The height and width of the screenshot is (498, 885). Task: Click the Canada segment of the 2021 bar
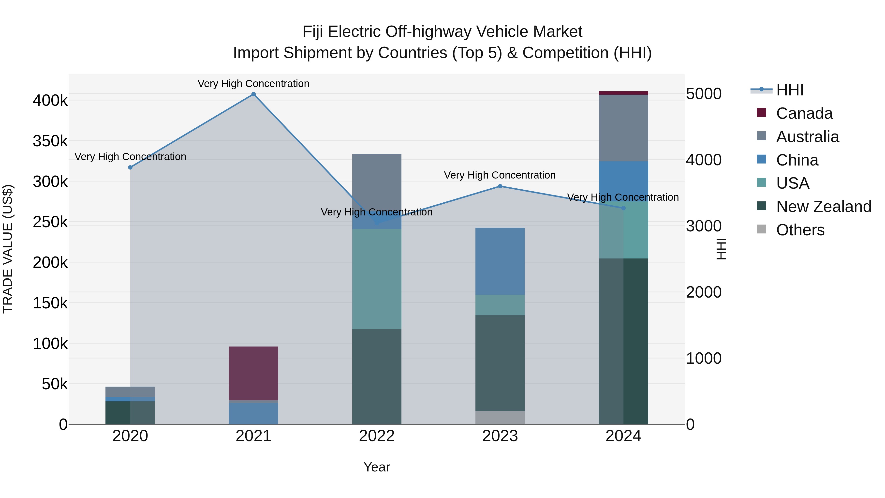click(253, 373)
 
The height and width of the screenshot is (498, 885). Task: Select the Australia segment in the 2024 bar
click(623, 128)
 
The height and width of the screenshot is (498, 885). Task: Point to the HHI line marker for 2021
click(253, 94)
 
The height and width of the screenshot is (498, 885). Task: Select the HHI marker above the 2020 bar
click(130, 167)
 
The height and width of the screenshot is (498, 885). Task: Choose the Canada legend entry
click(804, 113)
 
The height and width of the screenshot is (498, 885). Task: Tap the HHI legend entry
click(789, 90)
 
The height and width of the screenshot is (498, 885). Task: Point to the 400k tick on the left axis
click(50, 101)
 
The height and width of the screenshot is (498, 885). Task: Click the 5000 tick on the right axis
click(704, 94)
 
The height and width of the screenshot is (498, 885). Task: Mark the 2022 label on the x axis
click(377, 436)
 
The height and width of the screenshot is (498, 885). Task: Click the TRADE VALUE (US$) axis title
click(8, 249)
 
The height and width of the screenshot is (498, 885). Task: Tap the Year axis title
click(377, 467)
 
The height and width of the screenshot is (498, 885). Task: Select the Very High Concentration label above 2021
click(253, 84)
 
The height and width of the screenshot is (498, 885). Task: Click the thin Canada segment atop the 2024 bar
click(623, 93)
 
